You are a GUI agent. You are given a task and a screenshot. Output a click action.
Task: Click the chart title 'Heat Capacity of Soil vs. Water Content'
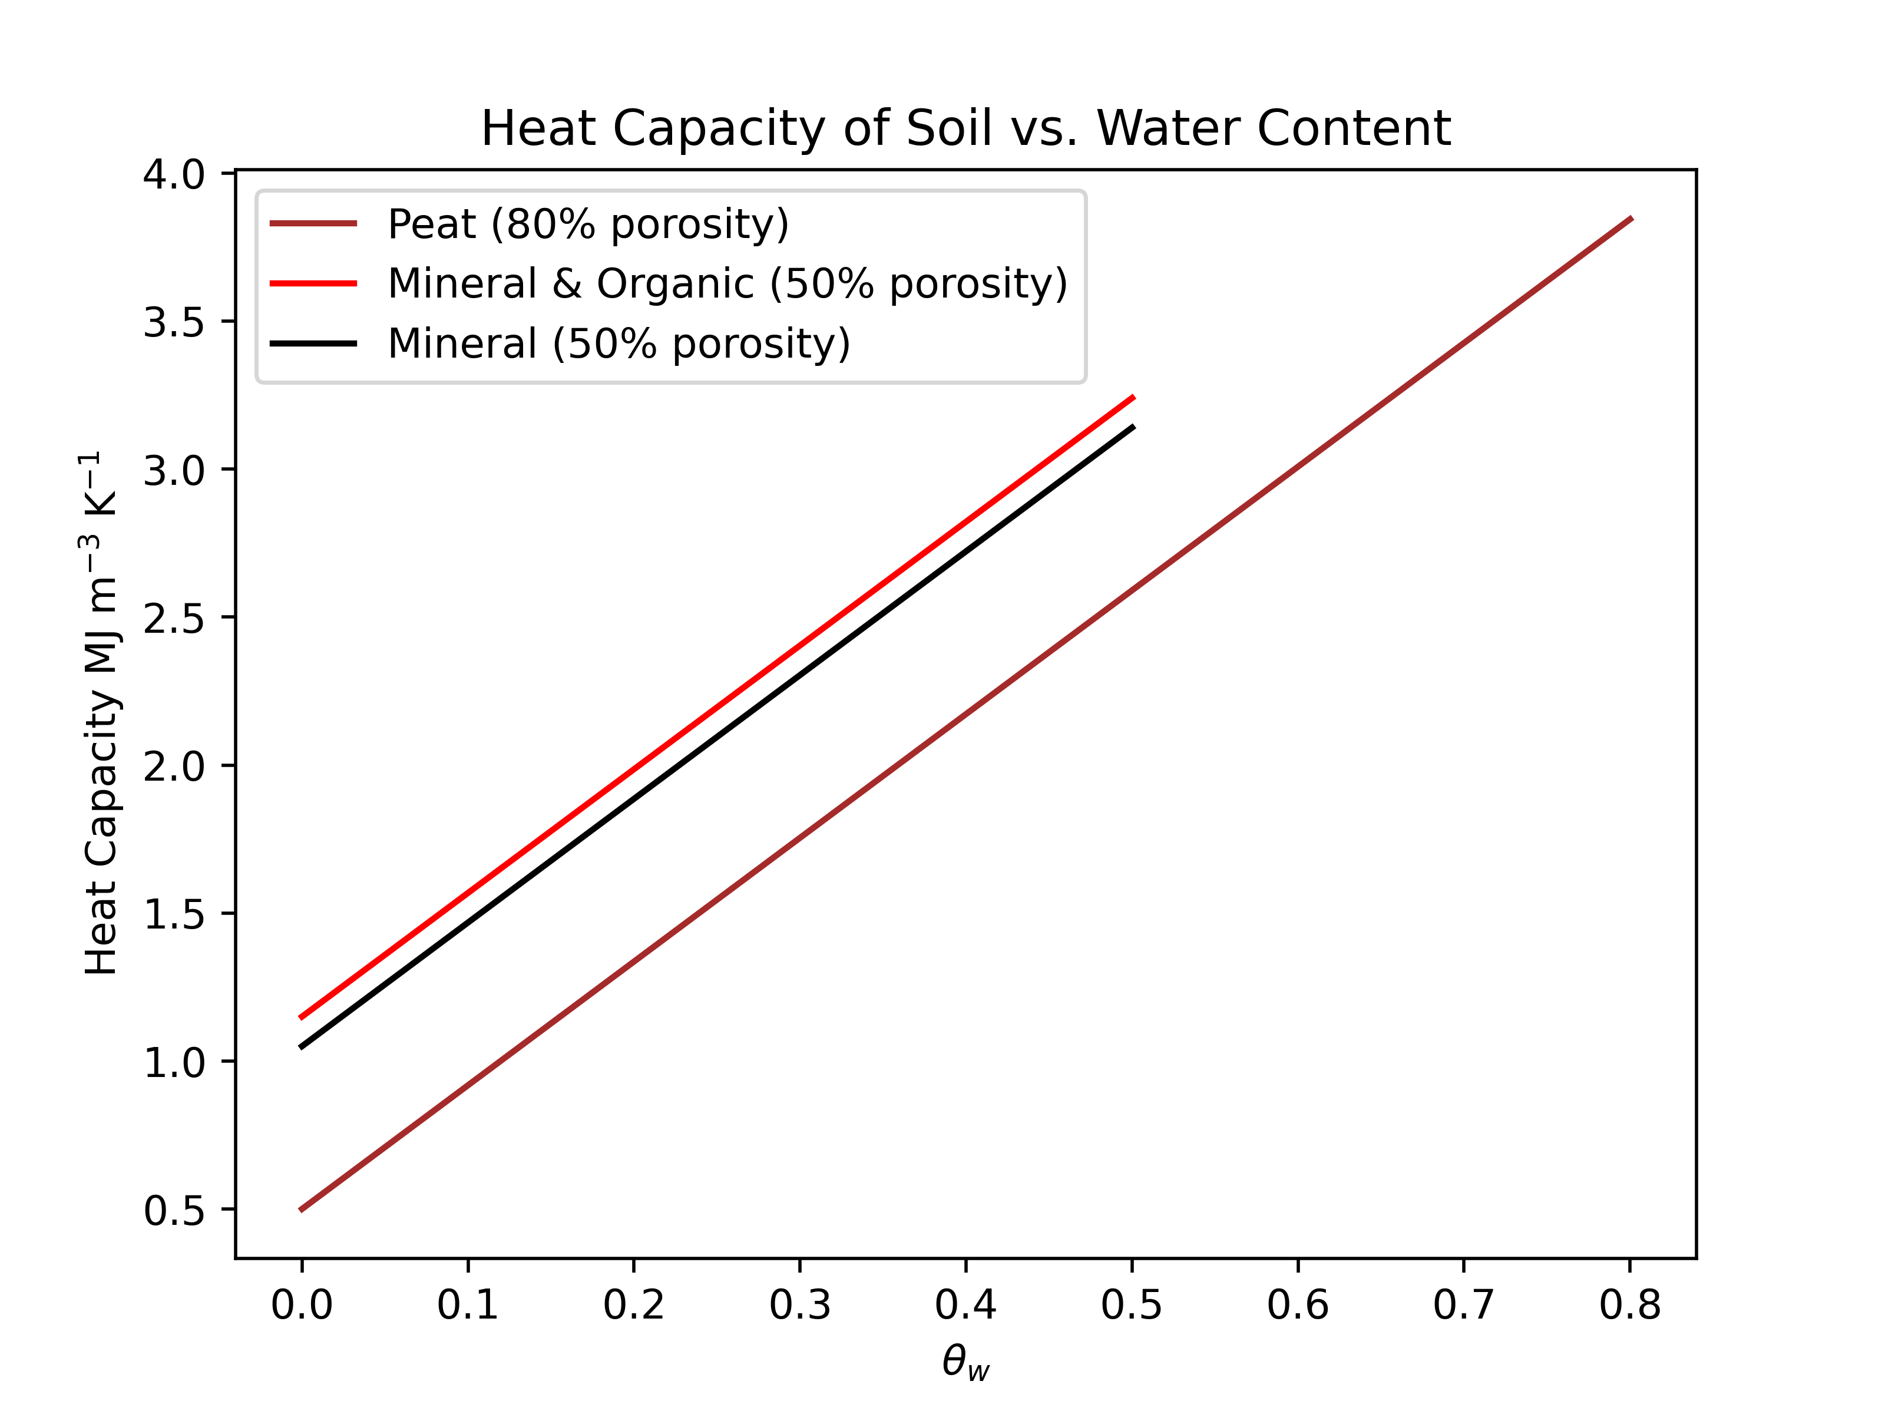(x=965, y=128)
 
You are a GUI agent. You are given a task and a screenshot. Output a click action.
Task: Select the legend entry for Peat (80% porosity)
(x=588, y=224)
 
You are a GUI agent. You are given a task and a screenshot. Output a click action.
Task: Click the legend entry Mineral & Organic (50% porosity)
(x=727, y=284)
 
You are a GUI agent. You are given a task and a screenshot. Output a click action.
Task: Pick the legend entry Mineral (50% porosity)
(x=619, y=343)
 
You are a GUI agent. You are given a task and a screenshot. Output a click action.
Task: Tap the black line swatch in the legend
(x=313, y=343)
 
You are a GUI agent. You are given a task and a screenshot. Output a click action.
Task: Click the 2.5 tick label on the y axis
(x=174, y=618)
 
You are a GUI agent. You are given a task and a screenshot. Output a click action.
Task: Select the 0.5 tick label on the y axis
(x=174, y=1210)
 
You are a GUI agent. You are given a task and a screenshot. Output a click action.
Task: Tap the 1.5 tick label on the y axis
(x=174, y=914)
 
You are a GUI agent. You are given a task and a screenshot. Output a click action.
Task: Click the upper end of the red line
(x=1133, y=397)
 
